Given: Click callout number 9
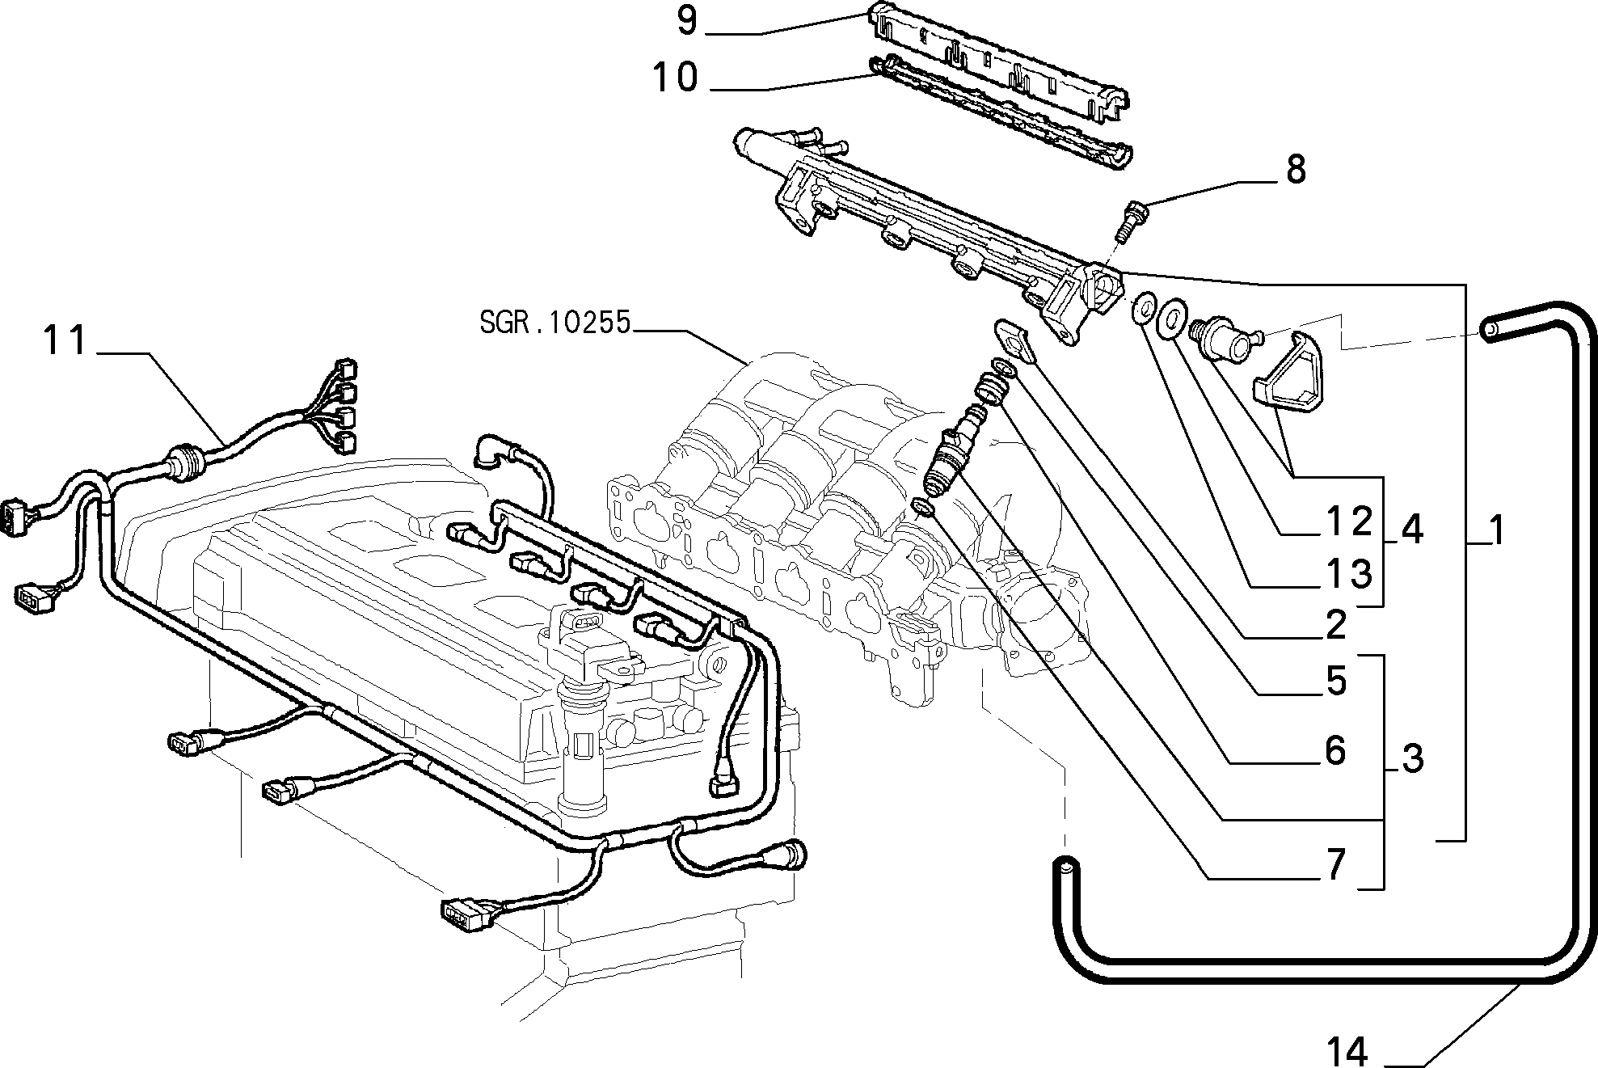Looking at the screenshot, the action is point(686,21).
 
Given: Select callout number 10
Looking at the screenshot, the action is point(676,78).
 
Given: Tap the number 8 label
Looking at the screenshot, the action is point(1295,170).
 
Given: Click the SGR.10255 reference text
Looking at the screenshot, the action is point(554,323).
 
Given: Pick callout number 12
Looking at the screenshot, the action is point(1351,522).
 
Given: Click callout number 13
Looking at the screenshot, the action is point(1351,573).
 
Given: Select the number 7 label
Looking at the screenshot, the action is point(1335,866).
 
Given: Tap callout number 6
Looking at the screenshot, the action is point(1335,751).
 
